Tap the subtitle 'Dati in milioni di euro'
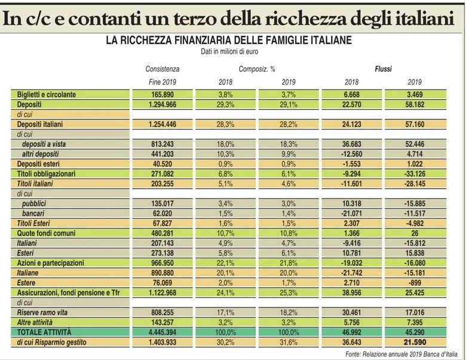point(229,51)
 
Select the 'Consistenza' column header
point(163,69)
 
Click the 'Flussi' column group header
point(383,69)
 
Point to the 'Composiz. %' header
point(257,69)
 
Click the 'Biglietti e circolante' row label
point(47,94)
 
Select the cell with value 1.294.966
point(163,104)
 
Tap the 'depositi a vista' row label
point(44,144)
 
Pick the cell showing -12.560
point(351,154)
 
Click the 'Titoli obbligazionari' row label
point(46,174)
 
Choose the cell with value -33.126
point(415,174)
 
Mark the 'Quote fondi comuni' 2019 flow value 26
point(415,233)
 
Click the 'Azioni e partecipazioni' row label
point(51,263)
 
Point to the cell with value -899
point(415,283)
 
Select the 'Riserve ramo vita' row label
point(42,312)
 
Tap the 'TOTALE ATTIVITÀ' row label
point(44,332)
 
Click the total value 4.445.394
point(163,332)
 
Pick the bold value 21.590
point(415,342)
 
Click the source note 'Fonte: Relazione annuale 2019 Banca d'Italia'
point(401,354)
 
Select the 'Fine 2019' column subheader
point(163,82)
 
